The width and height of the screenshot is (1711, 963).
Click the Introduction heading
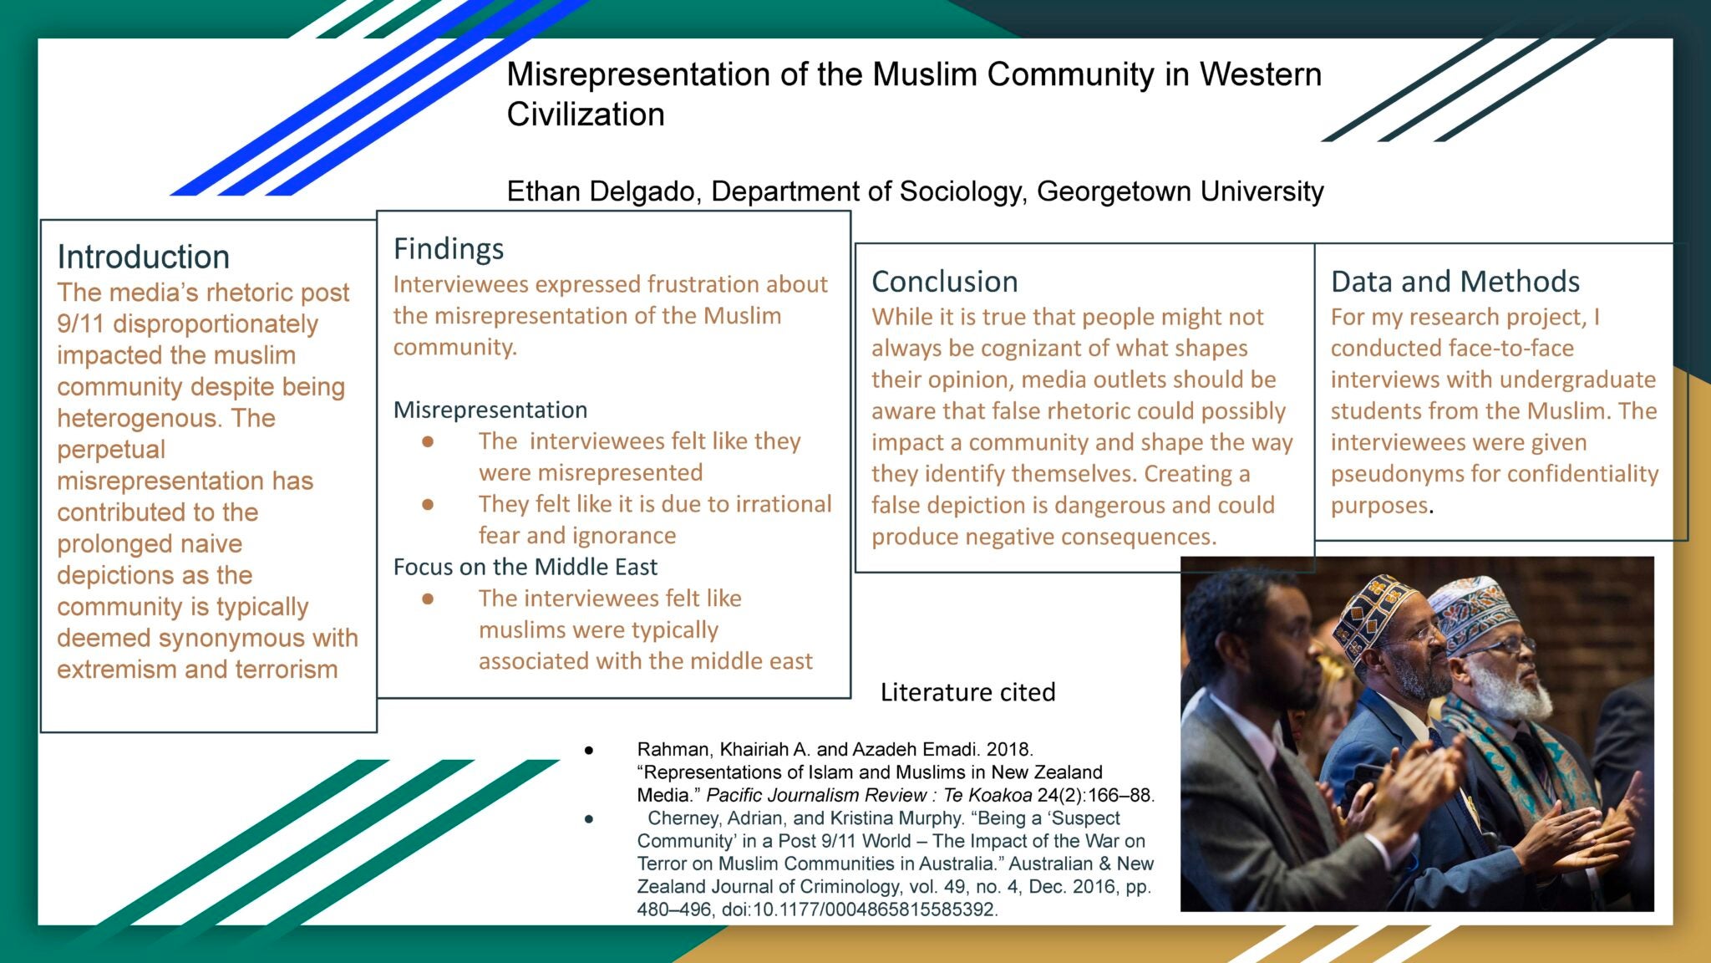(x=143, y=257)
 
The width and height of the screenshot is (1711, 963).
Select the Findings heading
(x=449, y=249)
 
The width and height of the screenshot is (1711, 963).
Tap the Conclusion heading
(x=944, y=282)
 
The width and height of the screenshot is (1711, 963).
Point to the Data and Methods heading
(x=1455, y=282)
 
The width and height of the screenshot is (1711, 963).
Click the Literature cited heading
(x=967, y=692)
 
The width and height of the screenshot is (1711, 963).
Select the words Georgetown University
(x=1180, y=191)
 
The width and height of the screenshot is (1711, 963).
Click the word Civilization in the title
(x=586, y=115)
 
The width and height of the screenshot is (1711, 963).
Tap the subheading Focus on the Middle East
(x=525, y=567)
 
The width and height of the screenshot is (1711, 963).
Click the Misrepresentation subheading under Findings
(x=490, y=410)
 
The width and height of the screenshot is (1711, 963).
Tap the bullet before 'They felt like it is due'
(x=428, y=504)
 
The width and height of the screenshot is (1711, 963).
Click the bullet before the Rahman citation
(x=589, y=751)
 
